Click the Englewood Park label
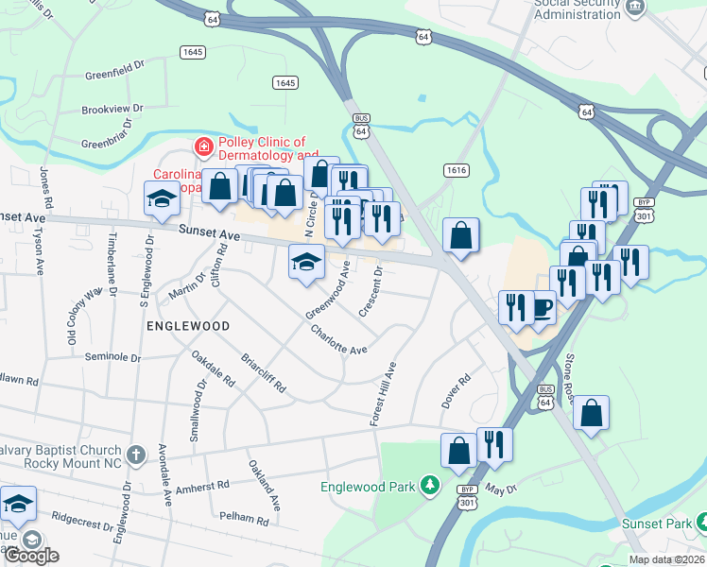click(x=368, y=488)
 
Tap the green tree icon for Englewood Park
click(x=430, y=486)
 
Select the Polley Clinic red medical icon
click(x=202, y=146)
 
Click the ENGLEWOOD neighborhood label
click(x=189, y=325)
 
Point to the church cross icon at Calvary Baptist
click(x=136, y=455)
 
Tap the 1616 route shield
click(x=457, y=169)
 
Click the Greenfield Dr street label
click(x=113, y=70)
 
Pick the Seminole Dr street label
click(x=112, y=357)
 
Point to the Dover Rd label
click(x=456, y=390)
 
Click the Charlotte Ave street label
click(x=338, y=339)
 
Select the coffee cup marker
click(x=542, y=309)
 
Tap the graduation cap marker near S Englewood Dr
click(x=160, y=198)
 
